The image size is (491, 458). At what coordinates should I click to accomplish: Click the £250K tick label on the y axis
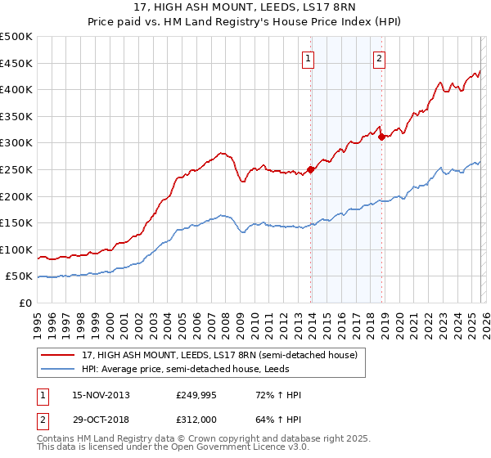tap(16, 169)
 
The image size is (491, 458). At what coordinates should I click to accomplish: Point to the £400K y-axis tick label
tap(16, 89)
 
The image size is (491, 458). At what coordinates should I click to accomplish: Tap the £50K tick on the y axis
tap(20, 276)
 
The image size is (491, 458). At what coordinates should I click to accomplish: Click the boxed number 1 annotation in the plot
tap(309, 58)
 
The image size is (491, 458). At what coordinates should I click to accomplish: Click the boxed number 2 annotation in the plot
tap(381, 58)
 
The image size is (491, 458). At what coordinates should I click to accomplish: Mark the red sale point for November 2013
tap(310, 170)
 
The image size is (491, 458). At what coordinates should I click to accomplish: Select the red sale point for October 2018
tap(381, 137)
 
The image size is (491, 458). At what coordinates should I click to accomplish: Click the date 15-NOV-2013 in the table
tap(101, 395)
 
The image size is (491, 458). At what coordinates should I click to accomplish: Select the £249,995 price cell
tap(196, 395)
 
